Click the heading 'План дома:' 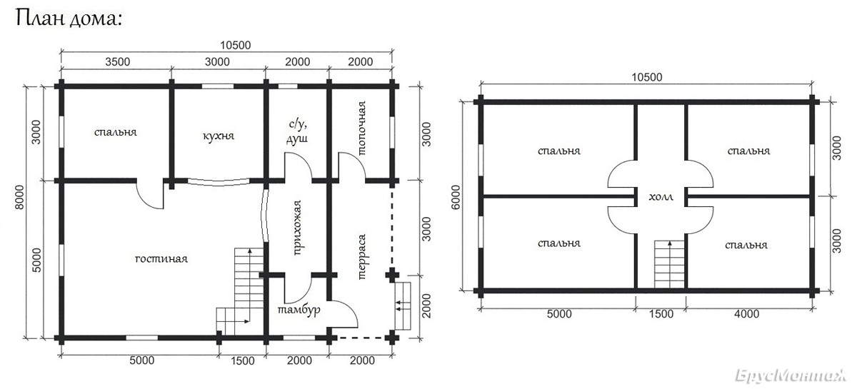69,19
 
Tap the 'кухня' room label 219,136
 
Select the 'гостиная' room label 161,259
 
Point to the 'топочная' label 361,128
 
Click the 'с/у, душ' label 297,131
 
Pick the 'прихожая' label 297,228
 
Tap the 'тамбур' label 299,310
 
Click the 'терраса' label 361,257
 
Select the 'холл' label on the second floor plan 661,197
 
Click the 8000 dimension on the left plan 19,198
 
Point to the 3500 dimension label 118,61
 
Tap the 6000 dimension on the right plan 456,198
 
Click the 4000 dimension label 747,314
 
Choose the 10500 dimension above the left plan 235,45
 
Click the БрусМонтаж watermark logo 791,375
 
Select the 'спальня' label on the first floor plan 116,132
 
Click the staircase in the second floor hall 669,264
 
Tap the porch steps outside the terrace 403,305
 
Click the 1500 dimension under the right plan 661,314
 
